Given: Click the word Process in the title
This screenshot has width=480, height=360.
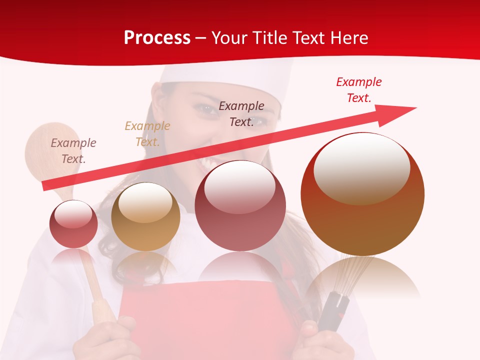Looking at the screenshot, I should point(157,38).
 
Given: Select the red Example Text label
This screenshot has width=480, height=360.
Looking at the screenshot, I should point(358,90).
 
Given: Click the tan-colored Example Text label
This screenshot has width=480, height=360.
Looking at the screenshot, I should point(147,133).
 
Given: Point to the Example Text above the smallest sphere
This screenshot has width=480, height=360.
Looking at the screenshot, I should point(73,150).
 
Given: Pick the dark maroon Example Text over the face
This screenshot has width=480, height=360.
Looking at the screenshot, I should point(241,113).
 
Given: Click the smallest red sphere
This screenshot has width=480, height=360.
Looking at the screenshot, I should point(73,224).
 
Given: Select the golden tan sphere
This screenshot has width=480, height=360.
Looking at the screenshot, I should point(145,217).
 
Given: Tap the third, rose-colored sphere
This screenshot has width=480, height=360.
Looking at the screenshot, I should point(240,206).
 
